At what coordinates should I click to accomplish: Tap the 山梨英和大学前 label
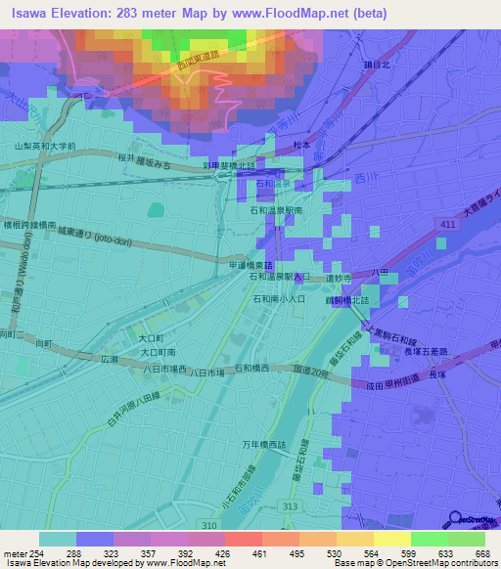(45, 146)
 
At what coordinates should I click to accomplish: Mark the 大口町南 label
(157, 351)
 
